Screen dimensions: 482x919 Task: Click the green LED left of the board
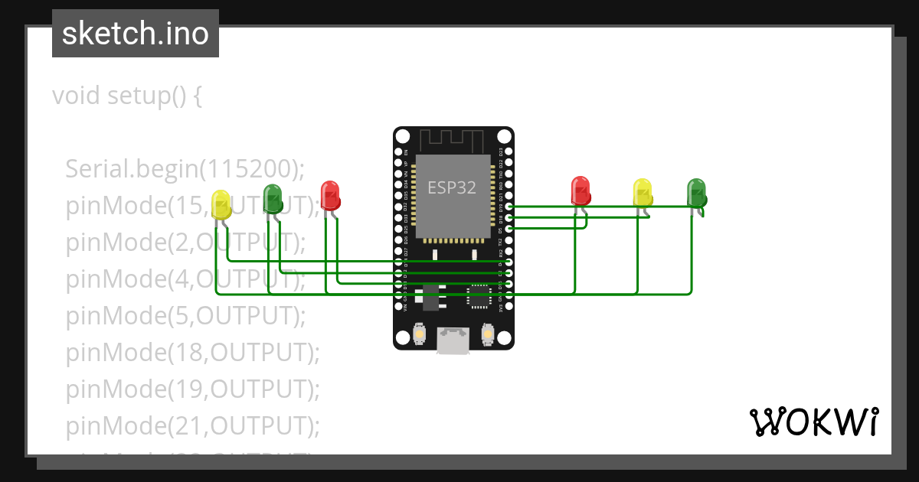coord(273,198)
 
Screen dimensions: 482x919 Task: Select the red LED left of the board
coord(330,196)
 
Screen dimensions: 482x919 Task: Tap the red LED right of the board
coord(581,191)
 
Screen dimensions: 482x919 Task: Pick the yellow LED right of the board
coord(642,192)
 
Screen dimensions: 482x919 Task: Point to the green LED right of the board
coord(696,193)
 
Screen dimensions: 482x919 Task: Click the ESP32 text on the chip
coord(452,188)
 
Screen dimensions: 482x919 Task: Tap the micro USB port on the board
coord(453,340)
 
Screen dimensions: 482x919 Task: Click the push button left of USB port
coord(419,334)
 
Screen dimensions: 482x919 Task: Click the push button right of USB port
coord(488,334)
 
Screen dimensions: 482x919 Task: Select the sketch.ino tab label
coord(136,34)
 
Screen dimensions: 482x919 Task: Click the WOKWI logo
coord(813,422)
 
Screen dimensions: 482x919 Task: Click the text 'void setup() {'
coord(127,96)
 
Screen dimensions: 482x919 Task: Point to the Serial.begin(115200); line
coord(185,168)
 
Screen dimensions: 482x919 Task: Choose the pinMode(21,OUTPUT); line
coord(191,425)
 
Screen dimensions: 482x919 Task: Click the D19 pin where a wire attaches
coord(509,207)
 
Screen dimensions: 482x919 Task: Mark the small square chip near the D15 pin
coord(480,296)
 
